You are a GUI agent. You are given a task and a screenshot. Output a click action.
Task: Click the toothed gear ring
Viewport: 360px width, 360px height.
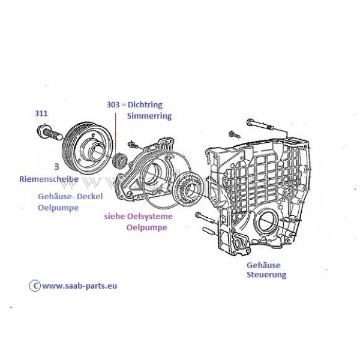coord(190,188)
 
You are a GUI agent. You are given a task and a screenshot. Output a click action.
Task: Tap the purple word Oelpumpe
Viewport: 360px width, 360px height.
coord(146,228)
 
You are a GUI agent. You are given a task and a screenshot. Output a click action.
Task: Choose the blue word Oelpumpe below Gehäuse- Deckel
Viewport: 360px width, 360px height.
coord(58,208)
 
